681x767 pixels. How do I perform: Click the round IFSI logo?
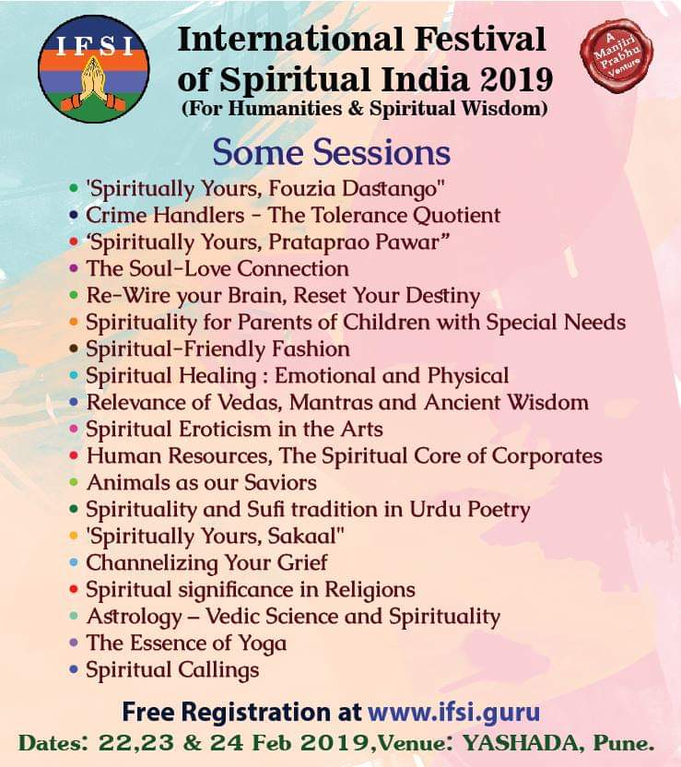pos(93,68)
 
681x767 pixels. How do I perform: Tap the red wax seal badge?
pos(616,54)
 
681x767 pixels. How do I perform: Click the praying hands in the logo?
pos(93,82)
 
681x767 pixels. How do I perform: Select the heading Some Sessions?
pos(331,152)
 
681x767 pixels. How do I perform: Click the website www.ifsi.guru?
pos(453,713)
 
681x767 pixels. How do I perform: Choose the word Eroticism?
pos(225,430)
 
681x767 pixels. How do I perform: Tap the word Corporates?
pos(546,457)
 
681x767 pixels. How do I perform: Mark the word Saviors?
pos(280,483)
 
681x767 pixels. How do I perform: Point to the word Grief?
pos(302,563)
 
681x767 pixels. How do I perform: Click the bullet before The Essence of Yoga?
pos(74,643)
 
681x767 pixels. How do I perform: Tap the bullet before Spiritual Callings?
pos(74,669)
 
